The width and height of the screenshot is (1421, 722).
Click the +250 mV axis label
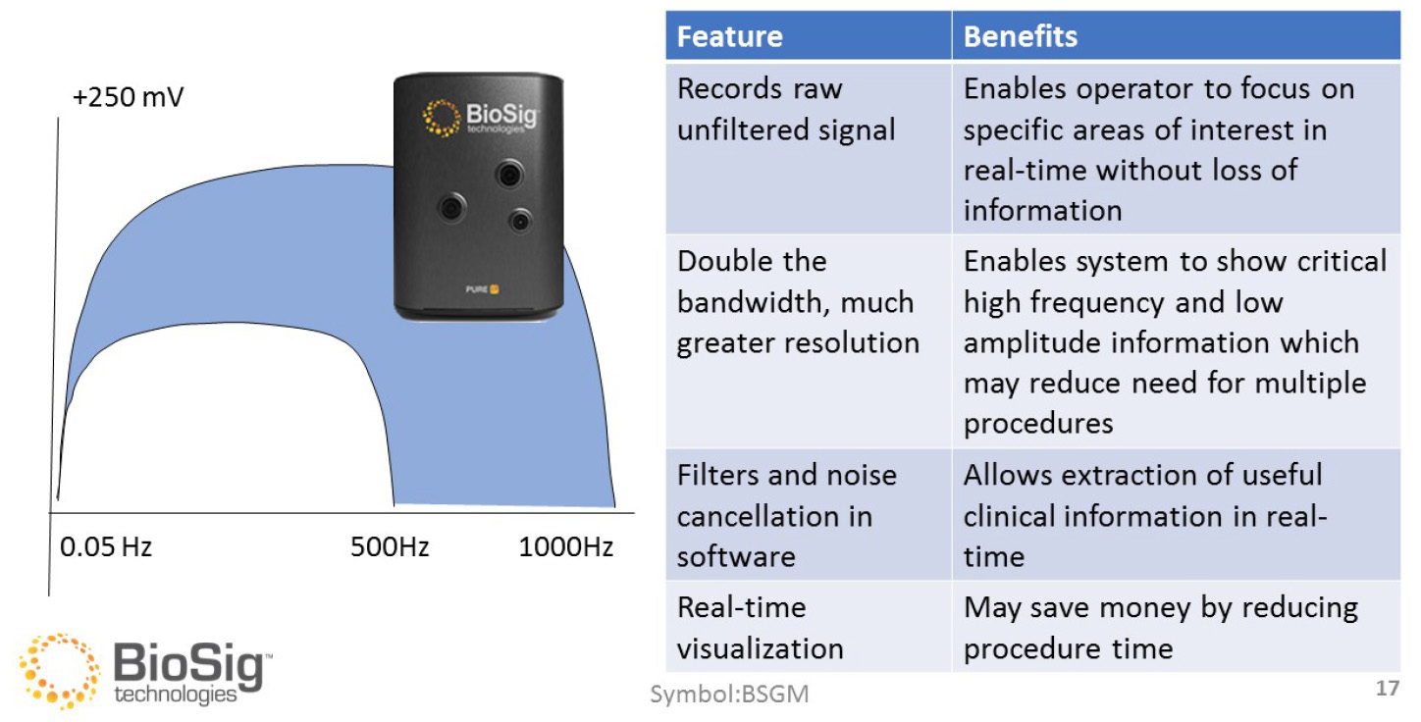(x=128, y=99)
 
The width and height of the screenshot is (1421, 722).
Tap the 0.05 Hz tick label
(x=106, y=546)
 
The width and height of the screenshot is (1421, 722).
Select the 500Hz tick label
(x=390, y=546)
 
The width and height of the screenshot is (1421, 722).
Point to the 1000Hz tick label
(x=565, y=546)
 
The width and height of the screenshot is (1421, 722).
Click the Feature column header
(x=729, y=37)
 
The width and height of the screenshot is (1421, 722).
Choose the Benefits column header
(x=1021, y=37)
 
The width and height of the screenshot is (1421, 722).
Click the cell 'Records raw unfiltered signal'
(x=786, y=109)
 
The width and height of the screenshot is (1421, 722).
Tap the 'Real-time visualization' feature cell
(x=761, y=628)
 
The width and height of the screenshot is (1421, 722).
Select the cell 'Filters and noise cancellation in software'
(x=786, y=516)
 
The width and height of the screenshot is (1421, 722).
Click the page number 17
(x=1387, y=689)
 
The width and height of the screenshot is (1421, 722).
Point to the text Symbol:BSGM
(x=730, y=696)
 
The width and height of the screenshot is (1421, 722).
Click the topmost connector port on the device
(x=507, y=176)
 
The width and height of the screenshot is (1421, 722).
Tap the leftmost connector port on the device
(x=451, y=208)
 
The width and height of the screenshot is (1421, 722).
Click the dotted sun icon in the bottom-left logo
(x=57, y=671)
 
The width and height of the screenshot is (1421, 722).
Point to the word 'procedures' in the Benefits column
(x=1038, y=423)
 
